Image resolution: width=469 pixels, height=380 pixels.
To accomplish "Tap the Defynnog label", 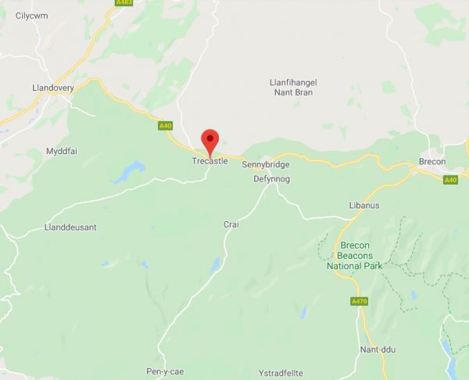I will [x=273, y=179].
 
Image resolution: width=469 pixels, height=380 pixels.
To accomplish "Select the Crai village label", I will [x=231, y=224].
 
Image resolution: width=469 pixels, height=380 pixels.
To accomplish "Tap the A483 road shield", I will [x=124, y=3].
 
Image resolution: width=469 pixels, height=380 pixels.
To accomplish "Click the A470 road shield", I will [x=360, y=301].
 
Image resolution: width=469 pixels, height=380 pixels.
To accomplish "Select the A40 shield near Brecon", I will [x=450, y=180].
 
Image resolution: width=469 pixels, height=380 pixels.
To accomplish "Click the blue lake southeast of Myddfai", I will [x=129, y=171].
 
